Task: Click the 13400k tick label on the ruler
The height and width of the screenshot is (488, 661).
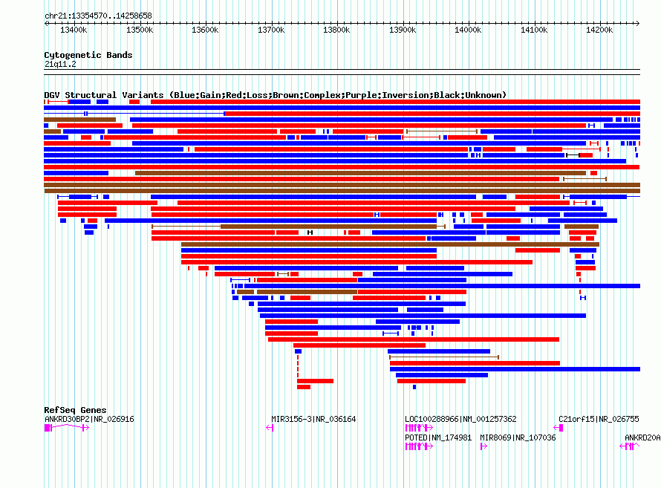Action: pos(74,30)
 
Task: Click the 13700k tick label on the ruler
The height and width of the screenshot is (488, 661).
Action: pos(271,30)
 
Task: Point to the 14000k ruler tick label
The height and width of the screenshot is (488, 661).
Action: pos(469,30)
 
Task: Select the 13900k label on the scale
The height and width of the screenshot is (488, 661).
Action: pos(403,30)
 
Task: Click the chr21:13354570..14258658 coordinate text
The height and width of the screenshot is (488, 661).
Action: pos(98,16)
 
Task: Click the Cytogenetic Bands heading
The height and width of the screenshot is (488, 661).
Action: pos(88,55)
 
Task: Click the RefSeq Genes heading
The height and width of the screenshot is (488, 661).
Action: pos(75,410)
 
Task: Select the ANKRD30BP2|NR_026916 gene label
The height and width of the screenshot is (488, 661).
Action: pos(89,419)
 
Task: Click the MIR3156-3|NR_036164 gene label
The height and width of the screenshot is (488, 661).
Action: pos(313,419)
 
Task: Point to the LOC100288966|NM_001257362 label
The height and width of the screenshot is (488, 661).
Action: pos(460,419)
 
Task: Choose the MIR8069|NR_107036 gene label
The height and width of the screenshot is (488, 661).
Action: pos(518,437)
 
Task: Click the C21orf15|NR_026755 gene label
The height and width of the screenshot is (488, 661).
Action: pos(599,419)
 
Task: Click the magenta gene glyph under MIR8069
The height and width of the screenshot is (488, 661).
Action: pos(483,446)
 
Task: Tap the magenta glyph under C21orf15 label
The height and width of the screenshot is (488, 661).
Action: pos(559,428)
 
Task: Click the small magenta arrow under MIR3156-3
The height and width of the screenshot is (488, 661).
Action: pos(271,428)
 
